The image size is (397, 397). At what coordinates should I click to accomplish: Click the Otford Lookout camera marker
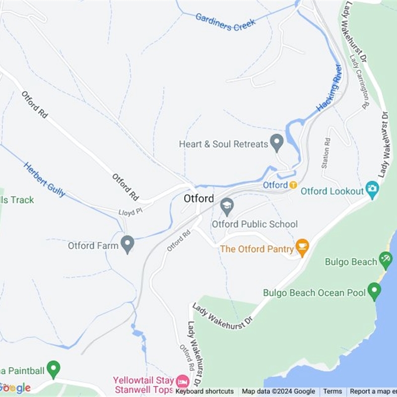372,189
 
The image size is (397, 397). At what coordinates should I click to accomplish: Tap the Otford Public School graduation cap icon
227,206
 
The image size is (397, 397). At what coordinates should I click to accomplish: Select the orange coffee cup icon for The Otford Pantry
302,246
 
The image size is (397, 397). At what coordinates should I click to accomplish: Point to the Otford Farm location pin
128,244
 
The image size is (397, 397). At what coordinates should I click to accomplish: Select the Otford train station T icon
293,185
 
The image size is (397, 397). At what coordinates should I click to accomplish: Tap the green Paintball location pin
54,369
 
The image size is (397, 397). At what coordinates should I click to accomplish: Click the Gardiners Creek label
225,21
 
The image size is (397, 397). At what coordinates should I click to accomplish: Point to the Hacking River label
330,88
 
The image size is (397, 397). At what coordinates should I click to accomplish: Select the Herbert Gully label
44,179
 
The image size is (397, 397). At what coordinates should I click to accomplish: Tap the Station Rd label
326,153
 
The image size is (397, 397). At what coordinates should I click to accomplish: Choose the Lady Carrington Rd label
360,81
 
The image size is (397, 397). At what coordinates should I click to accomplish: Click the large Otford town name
198,198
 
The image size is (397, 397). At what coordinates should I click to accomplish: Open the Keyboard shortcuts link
204,392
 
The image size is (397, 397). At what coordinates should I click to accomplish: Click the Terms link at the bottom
332,392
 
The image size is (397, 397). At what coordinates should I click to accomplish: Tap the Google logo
16,388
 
